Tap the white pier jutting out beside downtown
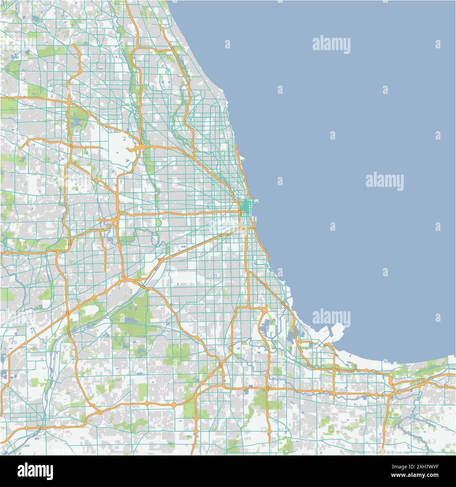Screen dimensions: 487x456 pyautogui.click(x=255, y=202)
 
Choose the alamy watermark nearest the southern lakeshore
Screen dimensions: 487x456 pyautogui.click(x=331, y=317)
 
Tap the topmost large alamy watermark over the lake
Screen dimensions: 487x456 pyautogui.click(x=331, y=45)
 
